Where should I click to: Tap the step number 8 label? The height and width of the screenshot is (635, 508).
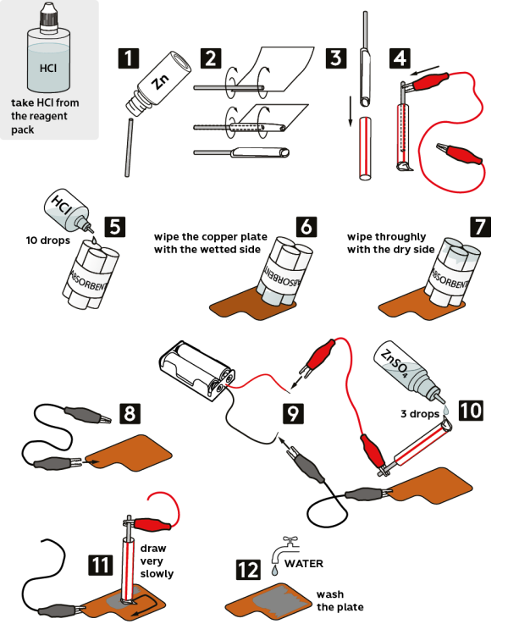(130, 414)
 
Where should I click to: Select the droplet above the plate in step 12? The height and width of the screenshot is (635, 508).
(274, 573)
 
